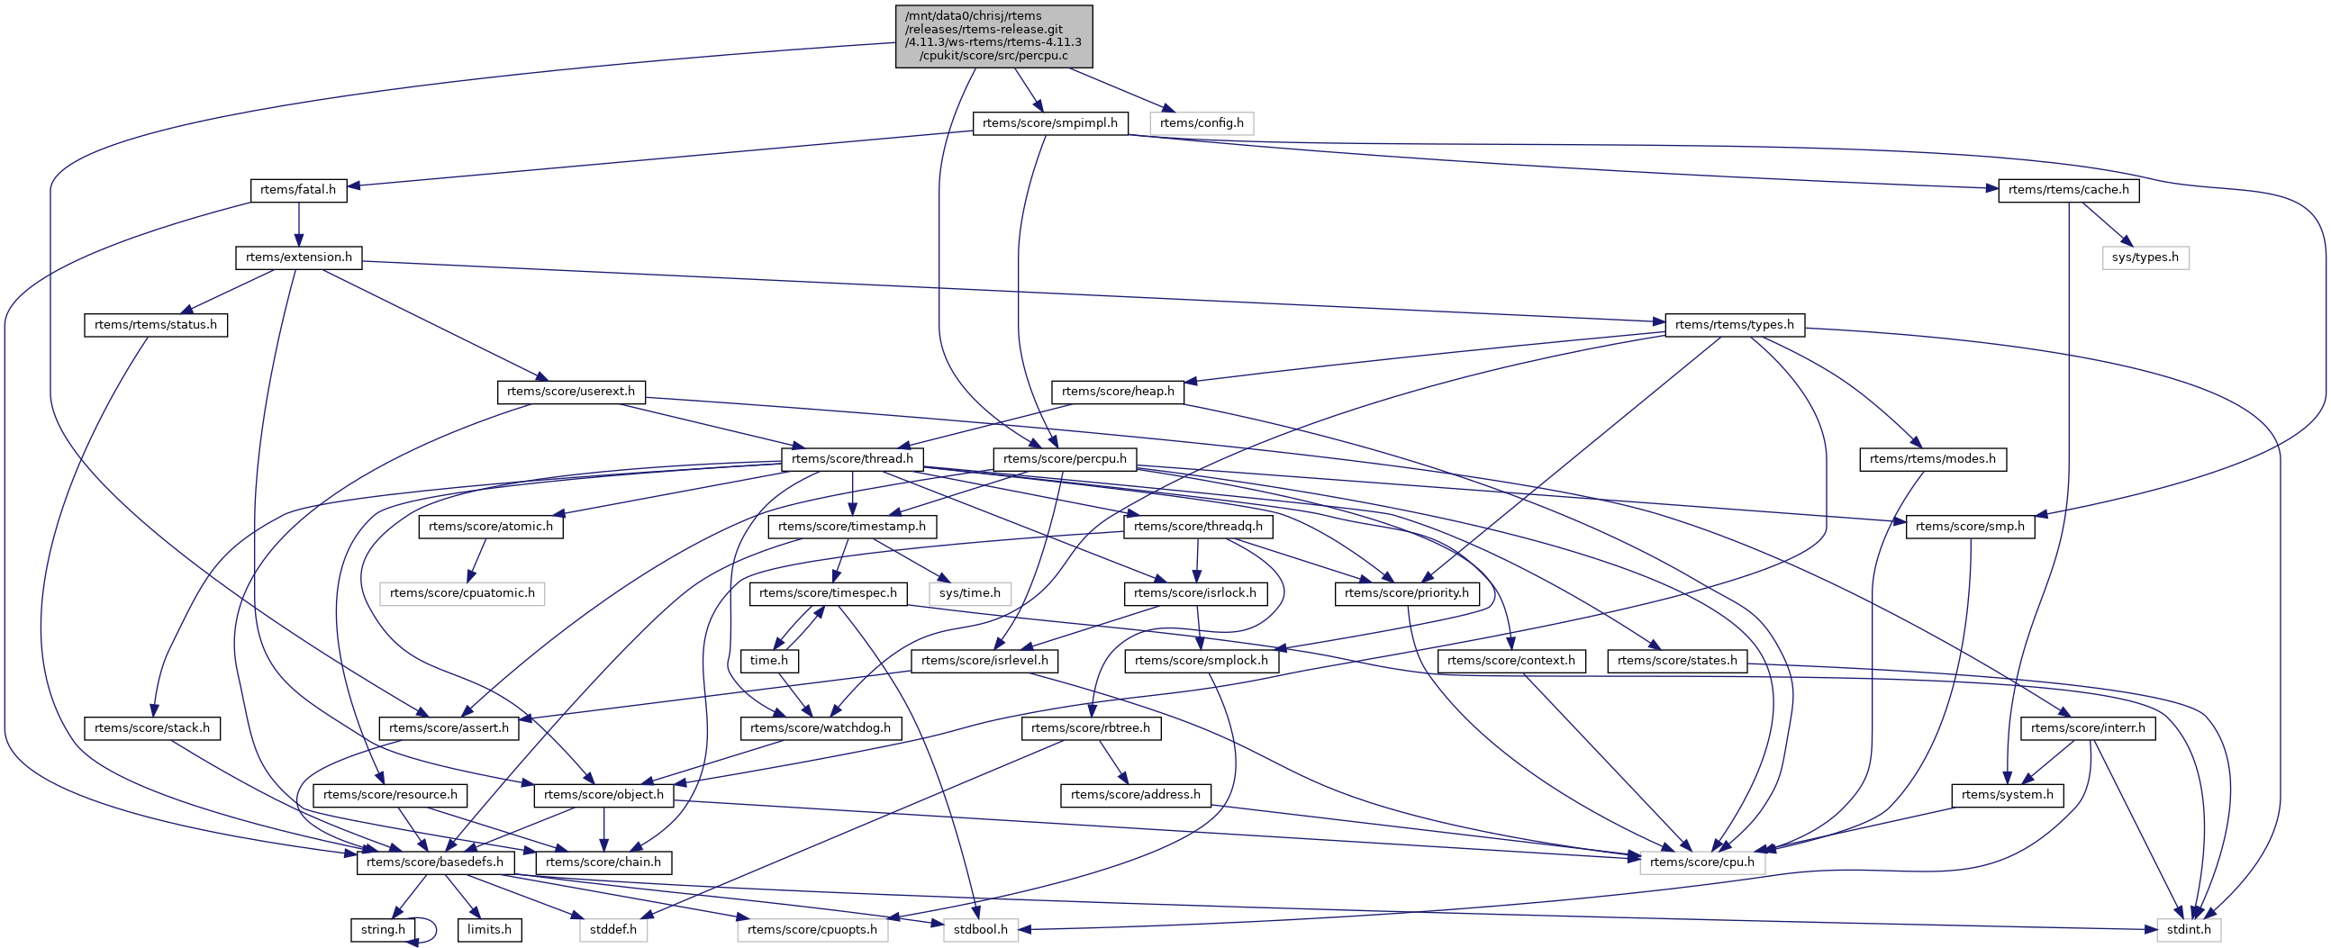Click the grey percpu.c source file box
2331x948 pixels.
(993, 36)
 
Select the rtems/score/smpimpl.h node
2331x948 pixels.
(1049, 123)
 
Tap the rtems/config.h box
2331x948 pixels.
(1201, 123)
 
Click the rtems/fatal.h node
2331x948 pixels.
(298, 190)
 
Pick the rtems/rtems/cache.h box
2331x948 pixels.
(2069, 190)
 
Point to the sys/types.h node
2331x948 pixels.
(2145, 257)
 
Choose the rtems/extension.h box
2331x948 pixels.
(299, 257)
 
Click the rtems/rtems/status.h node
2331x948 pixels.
(156, 325)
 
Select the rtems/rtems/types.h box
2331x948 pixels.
(1734, 325)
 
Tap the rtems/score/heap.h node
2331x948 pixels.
(1118, 392)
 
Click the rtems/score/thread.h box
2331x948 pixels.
(852, 459)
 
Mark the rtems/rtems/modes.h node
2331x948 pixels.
(1932, 459)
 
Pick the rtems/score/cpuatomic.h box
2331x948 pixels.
(461, 593)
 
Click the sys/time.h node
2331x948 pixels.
(969, 593)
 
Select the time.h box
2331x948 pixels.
(768, 661)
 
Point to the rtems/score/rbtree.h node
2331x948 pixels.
(1091, 728)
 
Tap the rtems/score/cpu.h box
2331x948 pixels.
(1701, 863)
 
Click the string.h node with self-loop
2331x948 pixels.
(384, 930)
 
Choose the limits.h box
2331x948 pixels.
(489, 930)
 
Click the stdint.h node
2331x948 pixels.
(2188, 930)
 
